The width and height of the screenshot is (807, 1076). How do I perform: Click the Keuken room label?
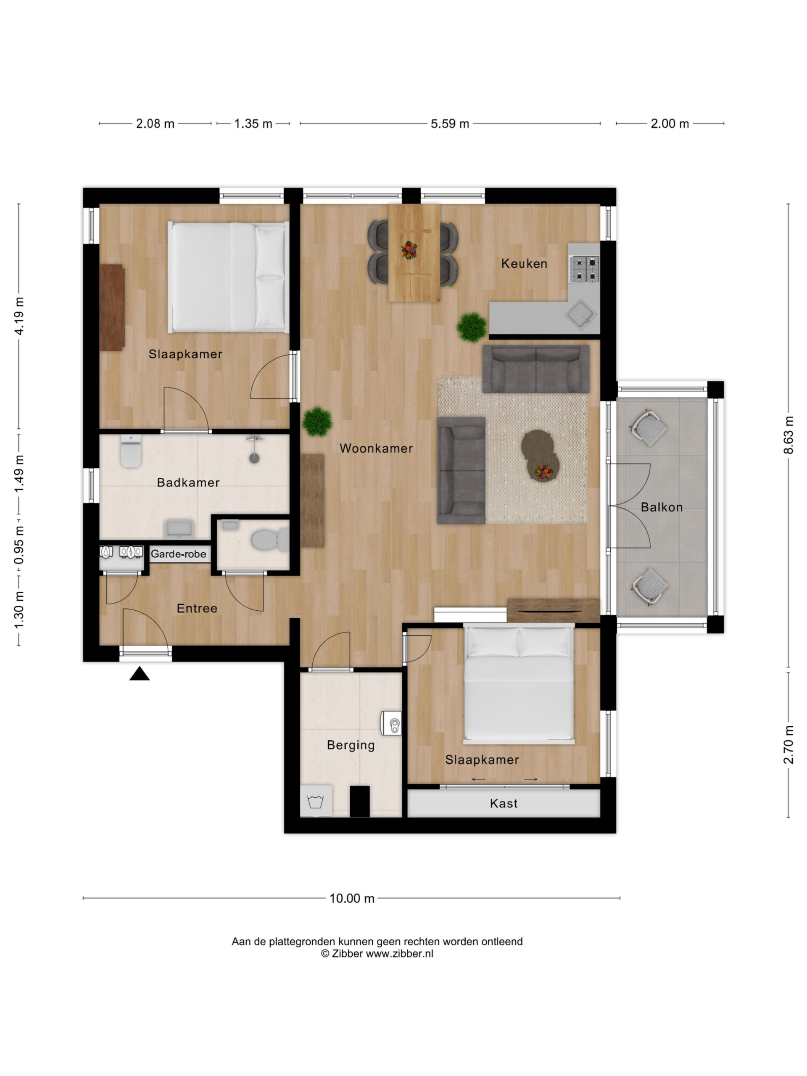click(524, 264)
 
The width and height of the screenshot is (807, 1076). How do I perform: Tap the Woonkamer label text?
click(376, 448)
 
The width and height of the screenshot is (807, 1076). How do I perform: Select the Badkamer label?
click(188, 482)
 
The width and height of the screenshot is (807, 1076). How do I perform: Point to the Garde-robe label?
click(179, 554)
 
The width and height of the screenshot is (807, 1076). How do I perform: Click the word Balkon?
click(662, 507)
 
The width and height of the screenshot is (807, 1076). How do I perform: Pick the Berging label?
click(351, 745)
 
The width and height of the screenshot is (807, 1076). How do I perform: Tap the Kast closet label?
click(504, 803)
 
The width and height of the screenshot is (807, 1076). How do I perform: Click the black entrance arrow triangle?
click(140, 673)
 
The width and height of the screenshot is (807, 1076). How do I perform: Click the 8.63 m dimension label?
click(788, 435)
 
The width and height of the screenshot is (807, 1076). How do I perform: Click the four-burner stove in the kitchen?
click(585, 269)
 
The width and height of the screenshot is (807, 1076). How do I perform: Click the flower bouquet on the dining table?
click(409, 251)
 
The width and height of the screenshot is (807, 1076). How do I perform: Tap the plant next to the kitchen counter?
click(471, 327)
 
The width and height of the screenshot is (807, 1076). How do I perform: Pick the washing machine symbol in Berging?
click(316, 800)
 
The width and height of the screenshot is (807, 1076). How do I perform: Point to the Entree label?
click(197, 608)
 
